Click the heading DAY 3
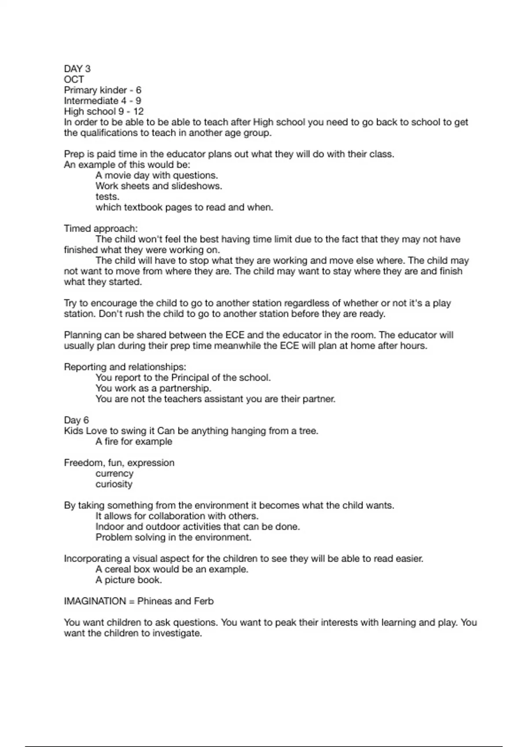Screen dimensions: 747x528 click(x=77, y=69)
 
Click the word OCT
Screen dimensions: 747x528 click(x=74, y=80)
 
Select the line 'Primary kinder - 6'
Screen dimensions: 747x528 click(x=103, y=90)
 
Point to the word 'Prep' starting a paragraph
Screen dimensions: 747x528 click(x=73, y=154)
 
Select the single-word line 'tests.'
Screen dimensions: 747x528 click(x=107, y=196)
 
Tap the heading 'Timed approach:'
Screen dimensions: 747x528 click(x=101, y=228)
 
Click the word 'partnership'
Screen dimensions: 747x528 click(x=185, y=388)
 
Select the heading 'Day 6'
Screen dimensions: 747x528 click(x=76, y=420)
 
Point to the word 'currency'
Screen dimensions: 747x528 click(x=114, y=473)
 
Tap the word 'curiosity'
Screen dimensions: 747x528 click(x=114, y=484)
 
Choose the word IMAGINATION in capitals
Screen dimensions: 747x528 click(x=95, y=601)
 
